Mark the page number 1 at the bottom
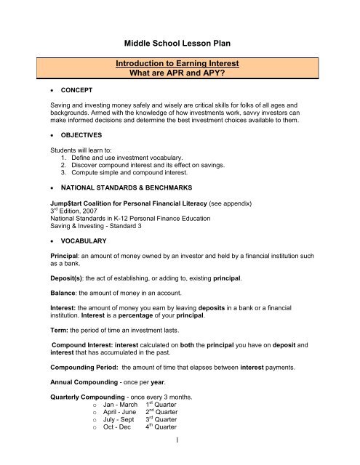coord(179,457)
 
